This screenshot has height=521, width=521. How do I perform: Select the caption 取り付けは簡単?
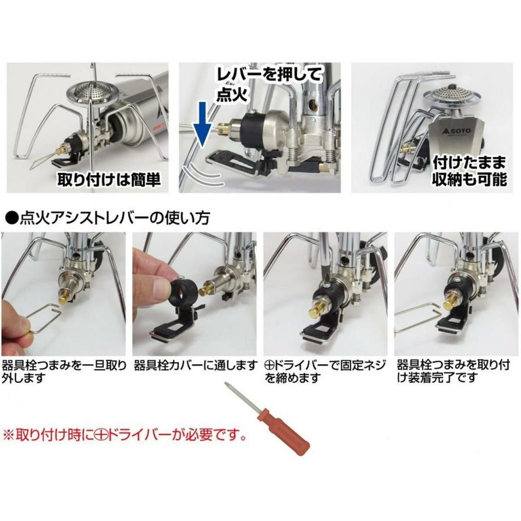109,179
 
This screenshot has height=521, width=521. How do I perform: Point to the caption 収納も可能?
469,179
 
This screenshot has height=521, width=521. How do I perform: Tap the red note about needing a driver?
125,435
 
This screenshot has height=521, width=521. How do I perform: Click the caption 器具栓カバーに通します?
195,366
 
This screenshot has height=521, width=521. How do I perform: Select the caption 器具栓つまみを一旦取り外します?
64,372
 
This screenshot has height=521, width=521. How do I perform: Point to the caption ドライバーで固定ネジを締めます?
325,372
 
